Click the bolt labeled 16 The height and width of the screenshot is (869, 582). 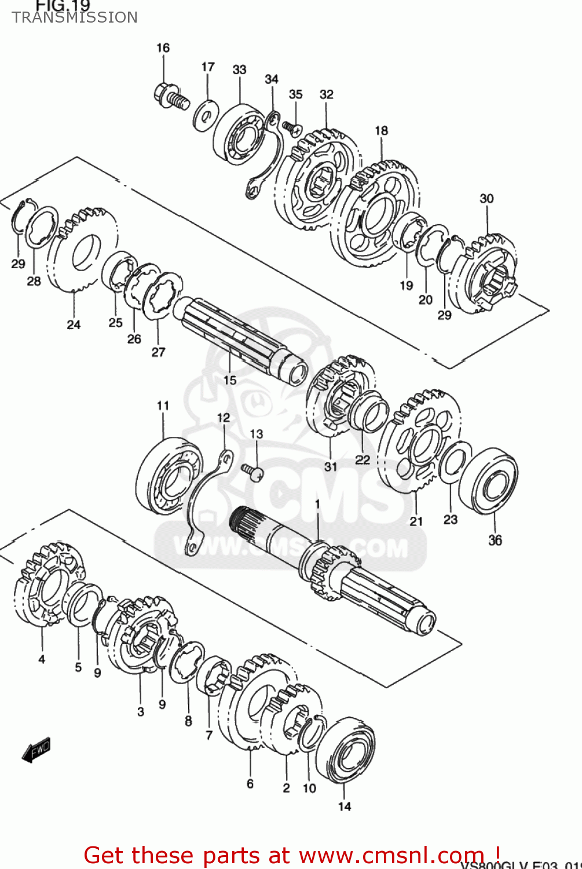coord(171,97)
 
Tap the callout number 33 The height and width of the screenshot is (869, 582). coord(239,70)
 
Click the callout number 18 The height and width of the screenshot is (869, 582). coord(381,130)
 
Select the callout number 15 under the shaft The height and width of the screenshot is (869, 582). coord(230,380)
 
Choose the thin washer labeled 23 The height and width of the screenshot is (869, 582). coord(454,462)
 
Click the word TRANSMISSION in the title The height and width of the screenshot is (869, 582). coord(75,17)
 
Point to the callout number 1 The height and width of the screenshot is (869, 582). coord(317,505)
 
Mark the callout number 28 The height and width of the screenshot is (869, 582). coord(34,281)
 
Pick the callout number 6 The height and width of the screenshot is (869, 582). coord(250,784)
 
